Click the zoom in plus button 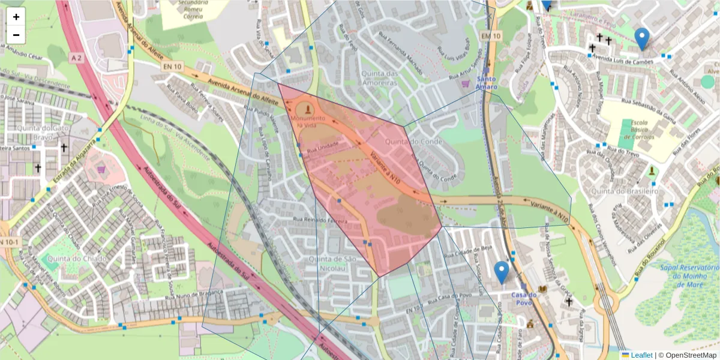tap(16, 17)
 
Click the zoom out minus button tap(16, 35)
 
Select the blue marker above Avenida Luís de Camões tap(642, 38)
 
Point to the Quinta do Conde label tap(406, 142)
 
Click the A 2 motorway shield tap(74, 58)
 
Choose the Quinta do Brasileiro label tap(625, 191)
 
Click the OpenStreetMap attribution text tap(689, 355)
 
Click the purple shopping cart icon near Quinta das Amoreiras tap(465, 85)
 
